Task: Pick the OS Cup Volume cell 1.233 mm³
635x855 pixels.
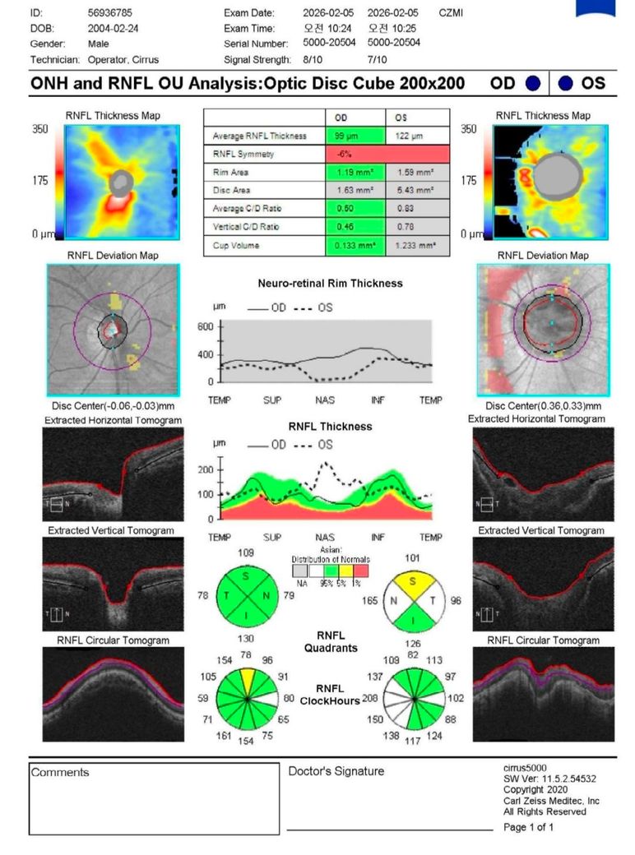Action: tap(417, 245)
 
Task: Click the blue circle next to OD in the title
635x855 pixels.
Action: tap(533, 83)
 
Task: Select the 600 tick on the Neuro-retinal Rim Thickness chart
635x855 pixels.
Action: tap(205, 326)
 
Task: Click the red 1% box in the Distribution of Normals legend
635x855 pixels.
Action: tap(359, 569)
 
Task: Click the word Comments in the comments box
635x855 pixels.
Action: tap(59, 772)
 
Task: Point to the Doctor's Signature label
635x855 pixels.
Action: tap(336, 771)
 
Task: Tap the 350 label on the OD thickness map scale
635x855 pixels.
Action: tap(39, 130)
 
